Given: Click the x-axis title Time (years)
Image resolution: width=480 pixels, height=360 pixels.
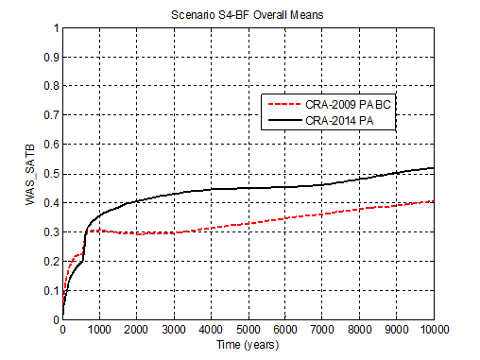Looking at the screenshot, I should click(x=249, y=345).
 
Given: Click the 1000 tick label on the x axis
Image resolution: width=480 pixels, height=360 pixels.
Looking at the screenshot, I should click(x=100, y=329).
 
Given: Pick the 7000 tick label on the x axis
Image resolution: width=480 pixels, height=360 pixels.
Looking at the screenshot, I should click(x=323, y=329).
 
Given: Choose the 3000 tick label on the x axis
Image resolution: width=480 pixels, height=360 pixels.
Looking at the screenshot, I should click(x=174, y=329).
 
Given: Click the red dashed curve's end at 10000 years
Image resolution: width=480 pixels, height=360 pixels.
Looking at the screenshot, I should click(x=434, y=200).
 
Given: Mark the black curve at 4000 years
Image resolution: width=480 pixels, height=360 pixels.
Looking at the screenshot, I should click(x=211, y=190).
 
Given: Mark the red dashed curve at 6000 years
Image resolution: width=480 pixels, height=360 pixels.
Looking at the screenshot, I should click(x=285, y=218).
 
